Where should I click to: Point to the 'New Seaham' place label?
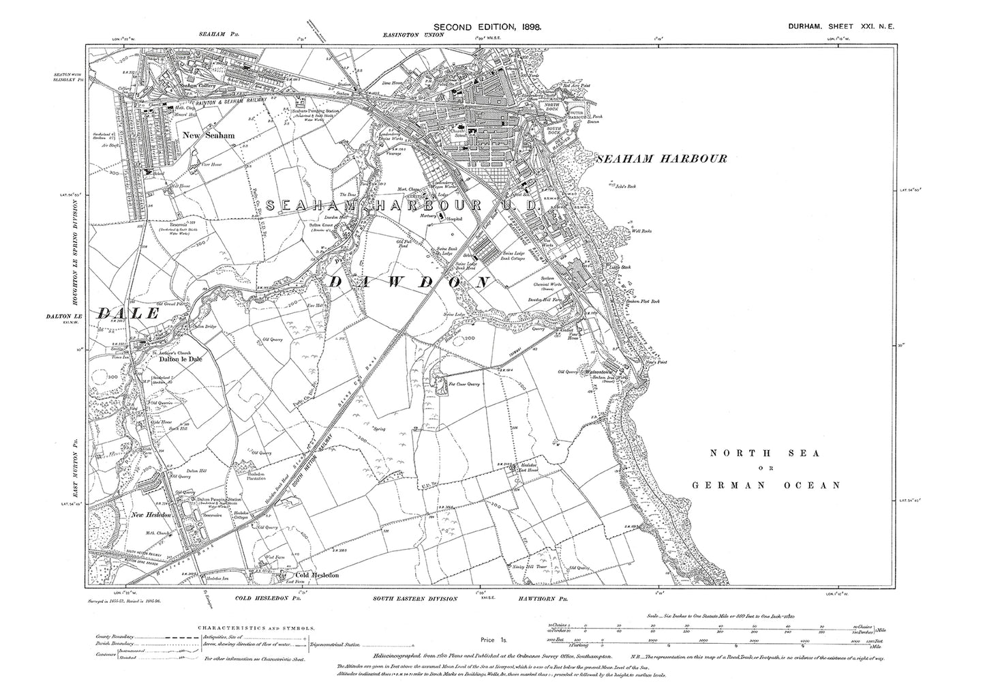coord(209,136)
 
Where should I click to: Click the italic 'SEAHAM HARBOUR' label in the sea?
coord(662,158)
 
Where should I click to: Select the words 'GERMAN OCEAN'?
coord(766,485)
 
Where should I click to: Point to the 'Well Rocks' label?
coord(642,231)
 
